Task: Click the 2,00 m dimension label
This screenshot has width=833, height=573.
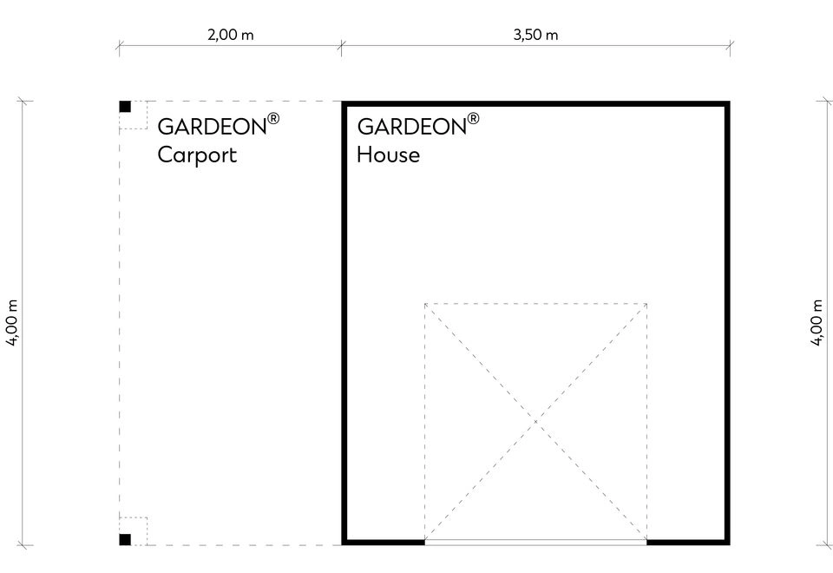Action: (231, 35)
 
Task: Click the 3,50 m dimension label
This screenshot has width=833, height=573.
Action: (535, 35)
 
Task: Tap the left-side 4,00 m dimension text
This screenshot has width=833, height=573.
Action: (12, 323)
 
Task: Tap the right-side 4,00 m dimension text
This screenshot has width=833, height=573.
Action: (817, 323)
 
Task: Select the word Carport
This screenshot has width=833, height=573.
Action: (197, 155)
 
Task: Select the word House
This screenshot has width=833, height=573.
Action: (389, 155)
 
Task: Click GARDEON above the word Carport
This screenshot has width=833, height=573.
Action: (212, 127)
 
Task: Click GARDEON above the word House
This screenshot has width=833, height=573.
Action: (411, 127)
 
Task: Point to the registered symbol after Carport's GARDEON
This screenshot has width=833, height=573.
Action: (273, 118)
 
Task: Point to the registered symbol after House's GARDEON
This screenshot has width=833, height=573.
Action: (473, 118)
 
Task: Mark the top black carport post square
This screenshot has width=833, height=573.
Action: (125, 106)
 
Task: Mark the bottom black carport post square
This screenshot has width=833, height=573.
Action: (125, 539)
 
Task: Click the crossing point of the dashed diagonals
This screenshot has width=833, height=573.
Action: (535, 422)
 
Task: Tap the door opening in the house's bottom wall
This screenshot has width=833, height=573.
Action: (535, 542)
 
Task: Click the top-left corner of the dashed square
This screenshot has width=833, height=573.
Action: (425, 304)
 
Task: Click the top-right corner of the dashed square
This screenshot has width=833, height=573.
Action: (646, 304)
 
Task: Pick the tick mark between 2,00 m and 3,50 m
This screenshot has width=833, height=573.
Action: (342, 46)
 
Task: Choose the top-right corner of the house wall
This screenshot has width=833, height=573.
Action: (728, 103)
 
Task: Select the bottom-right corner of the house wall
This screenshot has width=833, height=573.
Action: (728, 543)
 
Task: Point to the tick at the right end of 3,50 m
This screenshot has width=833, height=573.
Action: (730, 46)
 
